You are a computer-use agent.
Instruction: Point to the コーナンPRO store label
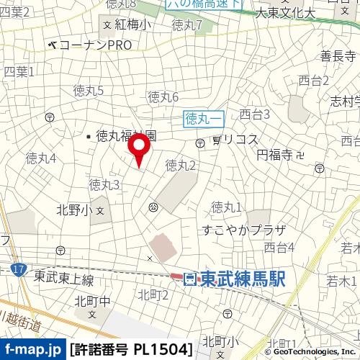[x=94, y=45]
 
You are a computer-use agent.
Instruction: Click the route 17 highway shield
[x=17, y=268]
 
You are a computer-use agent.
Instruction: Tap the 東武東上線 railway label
[x=64, y=279]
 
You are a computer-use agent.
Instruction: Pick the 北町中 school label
[x=94, y=301]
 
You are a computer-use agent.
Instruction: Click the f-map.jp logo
[x=32, y=350]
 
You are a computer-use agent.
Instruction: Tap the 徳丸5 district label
[x=89, y=90]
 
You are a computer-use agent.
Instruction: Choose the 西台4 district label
[x=279, y=248]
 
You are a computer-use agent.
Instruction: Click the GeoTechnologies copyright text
[x=313, y=351]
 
